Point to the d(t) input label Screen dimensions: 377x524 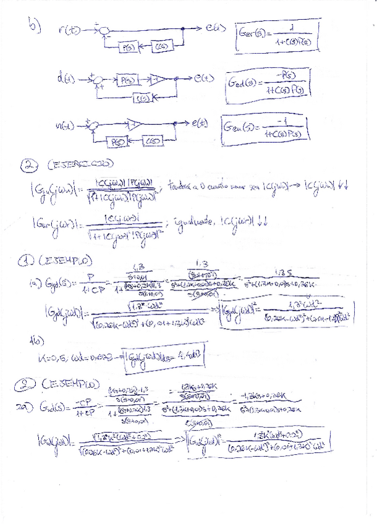[62, 78]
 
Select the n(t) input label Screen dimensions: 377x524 [64, 126]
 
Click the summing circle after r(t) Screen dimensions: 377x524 [106, 30]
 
